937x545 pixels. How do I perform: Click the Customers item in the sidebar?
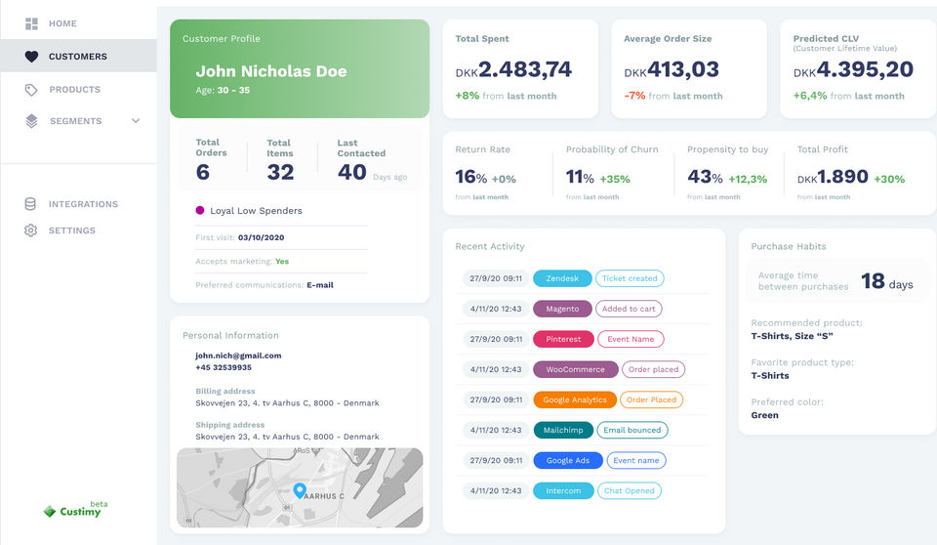pos(77,57)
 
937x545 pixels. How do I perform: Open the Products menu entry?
pos(74,90)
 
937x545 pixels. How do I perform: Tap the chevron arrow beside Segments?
pos(136,121)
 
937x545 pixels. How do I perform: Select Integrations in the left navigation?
pos(83,204)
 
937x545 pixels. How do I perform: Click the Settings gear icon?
pos(31,231)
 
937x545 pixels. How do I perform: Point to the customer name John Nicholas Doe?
pos(270,71)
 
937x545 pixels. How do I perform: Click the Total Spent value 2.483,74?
pos(525,69)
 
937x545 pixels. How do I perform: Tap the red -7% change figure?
pos(634,96)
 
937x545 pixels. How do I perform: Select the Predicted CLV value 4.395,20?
pos(865,69)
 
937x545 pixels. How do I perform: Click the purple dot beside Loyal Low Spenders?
pos(200,210)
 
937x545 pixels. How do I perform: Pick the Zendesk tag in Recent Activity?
pos(562,278)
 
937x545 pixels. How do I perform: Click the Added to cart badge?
pos(629,309)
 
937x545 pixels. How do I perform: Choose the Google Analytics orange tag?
pos(575,399)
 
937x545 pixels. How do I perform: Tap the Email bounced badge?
pos(631,430)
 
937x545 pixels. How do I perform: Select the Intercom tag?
pos(563,490)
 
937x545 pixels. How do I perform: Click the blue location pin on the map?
pos(300,490)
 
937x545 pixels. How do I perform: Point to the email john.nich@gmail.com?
pos(238,356)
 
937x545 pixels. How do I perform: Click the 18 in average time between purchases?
pos(873,282)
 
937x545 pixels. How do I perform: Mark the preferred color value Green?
pos(764,415)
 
